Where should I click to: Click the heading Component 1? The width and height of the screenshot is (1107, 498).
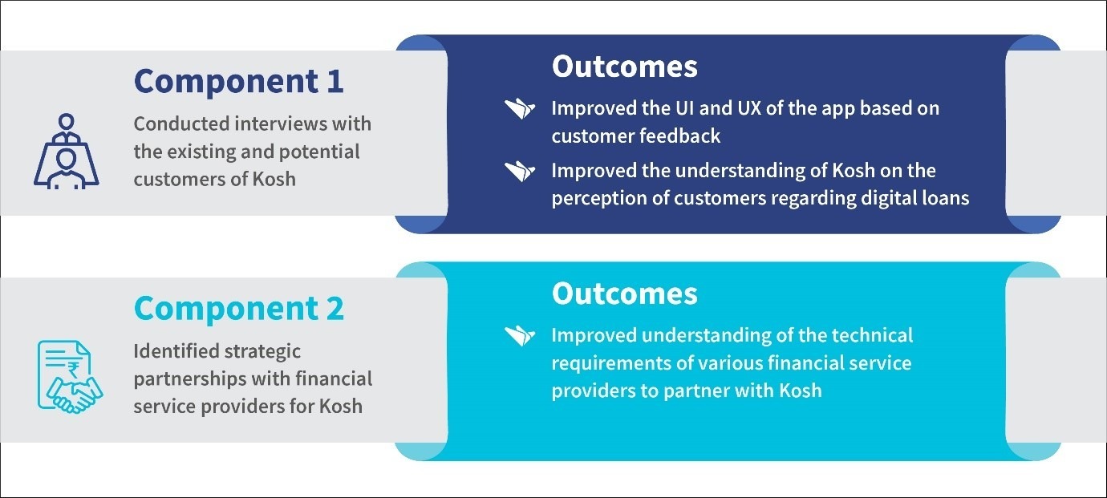(x=239, y=82)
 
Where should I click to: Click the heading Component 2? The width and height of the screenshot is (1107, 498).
(x=239, y=310)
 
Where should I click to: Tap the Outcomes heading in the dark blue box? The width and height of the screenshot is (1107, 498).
(x=625, y=67)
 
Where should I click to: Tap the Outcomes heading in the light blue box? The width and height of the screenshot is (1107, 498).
(x=625, y=294)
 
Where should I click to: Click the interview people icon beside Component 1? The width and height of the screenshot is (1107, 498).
(x=67, y=152)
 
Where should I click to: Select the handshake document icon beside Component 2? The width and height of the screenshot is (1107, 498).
(x=70, y=376)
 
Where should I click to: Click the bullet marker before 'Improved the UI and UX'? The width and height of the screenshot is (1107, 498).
(x=519, y=108)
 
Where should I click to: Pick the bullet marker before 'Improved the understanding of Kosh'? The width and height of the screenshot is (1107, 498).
(x=519, y=171)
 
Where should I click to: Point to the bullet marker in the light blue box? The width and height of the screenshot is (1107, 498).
(x=519, y=335)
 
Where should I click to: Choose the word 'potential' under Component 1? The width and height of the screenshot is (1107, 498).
(x=319, y=152)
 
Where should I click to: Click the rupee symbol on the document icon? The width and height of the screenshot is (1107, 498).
(x=74, y=369)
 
